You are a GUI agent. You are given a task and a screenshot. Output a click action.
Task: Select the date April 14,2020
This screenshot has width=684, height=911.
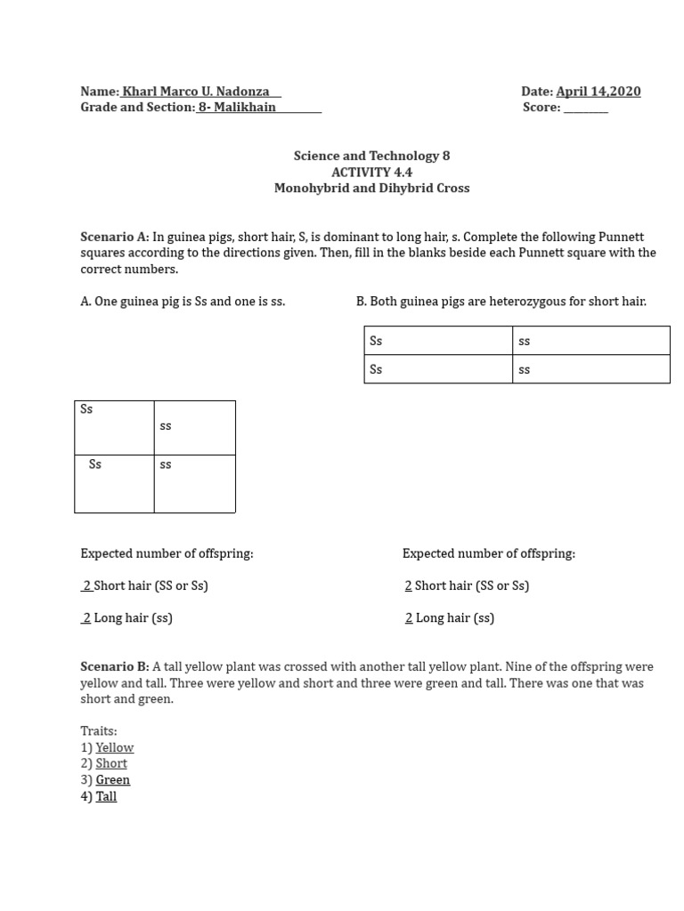tap(598, 92)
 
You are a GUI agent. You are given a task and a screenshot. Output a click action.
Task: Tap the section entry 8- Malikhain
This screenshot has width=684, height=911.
tap(237, 108)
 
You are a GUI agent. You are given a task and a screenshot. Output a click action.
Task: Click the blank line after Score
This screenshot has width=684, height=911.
tap(586, 109)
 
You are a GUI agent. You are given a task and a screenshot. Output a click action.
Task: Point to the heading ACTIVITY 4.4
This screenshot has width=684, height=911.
tap(371, 173)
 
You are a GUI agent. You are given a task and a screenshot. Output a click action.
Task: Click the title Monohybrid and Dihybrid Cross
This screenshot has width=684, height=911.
tap(371, 189)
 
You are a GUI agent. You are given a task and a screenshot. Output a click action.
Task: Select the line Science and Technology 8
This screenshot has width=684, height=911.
tap(371, 157)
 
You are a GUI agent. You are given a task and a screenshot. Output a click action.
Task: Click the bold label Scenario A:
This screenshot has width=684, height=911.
tap(115, 238)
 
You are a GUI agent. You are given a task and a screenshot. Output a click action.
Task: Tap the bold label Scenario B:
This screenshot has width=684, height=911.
tap(115, 667)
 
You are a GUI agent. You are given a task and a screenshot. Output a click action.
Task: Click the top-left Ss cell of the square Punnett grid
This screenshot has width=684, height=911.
tap(114, 427)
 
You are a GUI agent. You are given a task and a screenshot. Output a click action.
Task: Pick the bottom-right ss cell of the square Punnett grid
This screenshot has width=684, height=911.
tap(194, 483)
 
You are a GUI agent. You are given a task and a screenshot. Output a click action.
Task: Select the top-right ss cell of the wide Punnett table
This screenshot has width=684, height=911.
tap(590, 341)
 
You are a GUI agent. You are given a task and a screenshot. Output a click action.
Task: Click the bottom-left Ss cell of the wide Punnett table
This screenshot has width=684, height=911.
tap(438, 369)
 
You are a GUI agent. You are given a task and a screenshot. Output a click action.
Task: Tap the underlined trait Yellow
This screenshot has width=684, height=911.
tap(115, 748)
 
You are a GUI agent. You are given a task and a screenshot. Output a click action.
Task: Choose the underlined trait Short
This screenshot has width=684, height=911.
tap(111, 764)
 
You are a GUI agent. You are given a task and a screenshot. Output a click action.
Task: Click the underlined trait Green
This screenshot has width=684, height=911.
tap(113, 780)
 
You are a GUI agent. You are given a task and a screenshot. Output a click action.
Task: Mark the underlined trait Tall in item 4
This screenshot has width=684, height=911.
tap(106, 797)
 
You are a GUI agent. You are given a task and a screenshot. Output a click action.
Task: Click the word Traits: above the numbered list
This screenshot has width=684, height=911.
tap(99, 731)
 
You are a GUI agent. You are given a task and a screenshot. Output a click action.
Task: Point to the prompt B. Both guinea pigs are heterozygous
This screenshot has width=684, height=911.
tap(501, 302)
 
